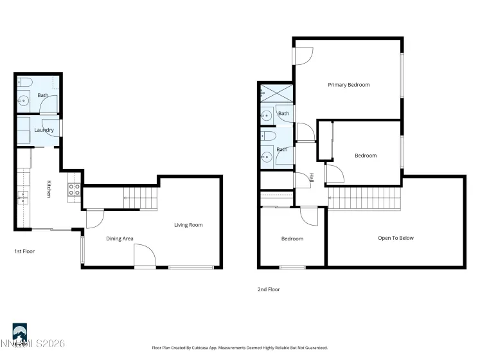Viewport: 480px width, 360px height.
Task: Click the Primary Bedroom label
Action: coord(348,85)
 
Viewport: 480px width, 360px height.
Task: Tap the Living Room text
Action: coord(188,225)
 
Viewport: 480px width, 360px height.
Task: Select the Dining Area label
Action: coord(120,239)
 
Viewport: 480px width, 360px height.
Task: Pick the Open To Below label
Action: coord(395,238)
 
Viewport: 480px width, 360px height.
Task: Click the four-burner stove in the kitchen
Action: coord(74,189)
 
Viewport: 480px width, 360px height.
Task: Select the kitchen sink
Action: coord(24,197)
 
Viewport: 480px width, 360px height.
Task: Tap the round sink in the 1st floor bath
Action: coord(24,100)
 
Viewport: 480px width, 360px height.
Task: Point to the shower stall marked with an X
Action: coord(276,94)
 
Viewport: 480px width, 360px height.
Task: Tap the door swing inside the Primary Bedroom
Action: coord(303,57)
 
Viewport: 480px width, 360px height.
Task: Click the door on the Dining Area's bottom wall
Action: coord(145,257)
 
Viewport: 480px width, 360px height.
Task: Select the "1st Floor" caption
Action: coord(24,251)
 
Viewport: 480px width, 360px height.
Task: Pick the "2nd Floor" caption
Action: coord(269,289)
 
